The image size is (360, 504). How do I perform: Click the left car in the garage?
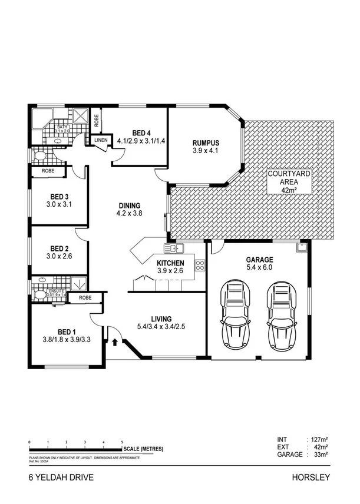pos(235,315)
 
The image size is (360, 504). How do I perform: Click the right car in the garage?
pos(280,315)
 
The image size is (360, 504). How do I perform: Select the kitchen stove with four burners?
pos(200,265)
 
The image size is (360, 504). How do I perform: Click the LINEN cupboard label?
pos(100,140)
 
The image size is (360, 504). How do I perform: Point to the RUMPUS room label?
pos(206,143)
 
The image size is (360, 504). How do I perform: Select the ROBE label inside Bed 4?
pos(97,120)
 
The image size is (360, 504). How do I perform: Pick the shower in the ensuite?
pos(77,284)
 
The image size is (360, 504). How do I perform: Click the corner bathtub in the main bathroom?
pos(42,120)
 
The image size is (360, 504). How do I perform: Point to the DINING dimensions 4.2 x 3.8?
pos(129,214)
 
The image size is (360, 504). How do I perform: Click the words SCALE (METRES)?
pos(144,449)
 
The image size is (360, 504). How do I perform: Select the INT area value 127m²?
pos(318,439)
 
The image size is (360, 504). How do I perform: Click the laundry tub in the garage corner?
pos(302,248)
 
